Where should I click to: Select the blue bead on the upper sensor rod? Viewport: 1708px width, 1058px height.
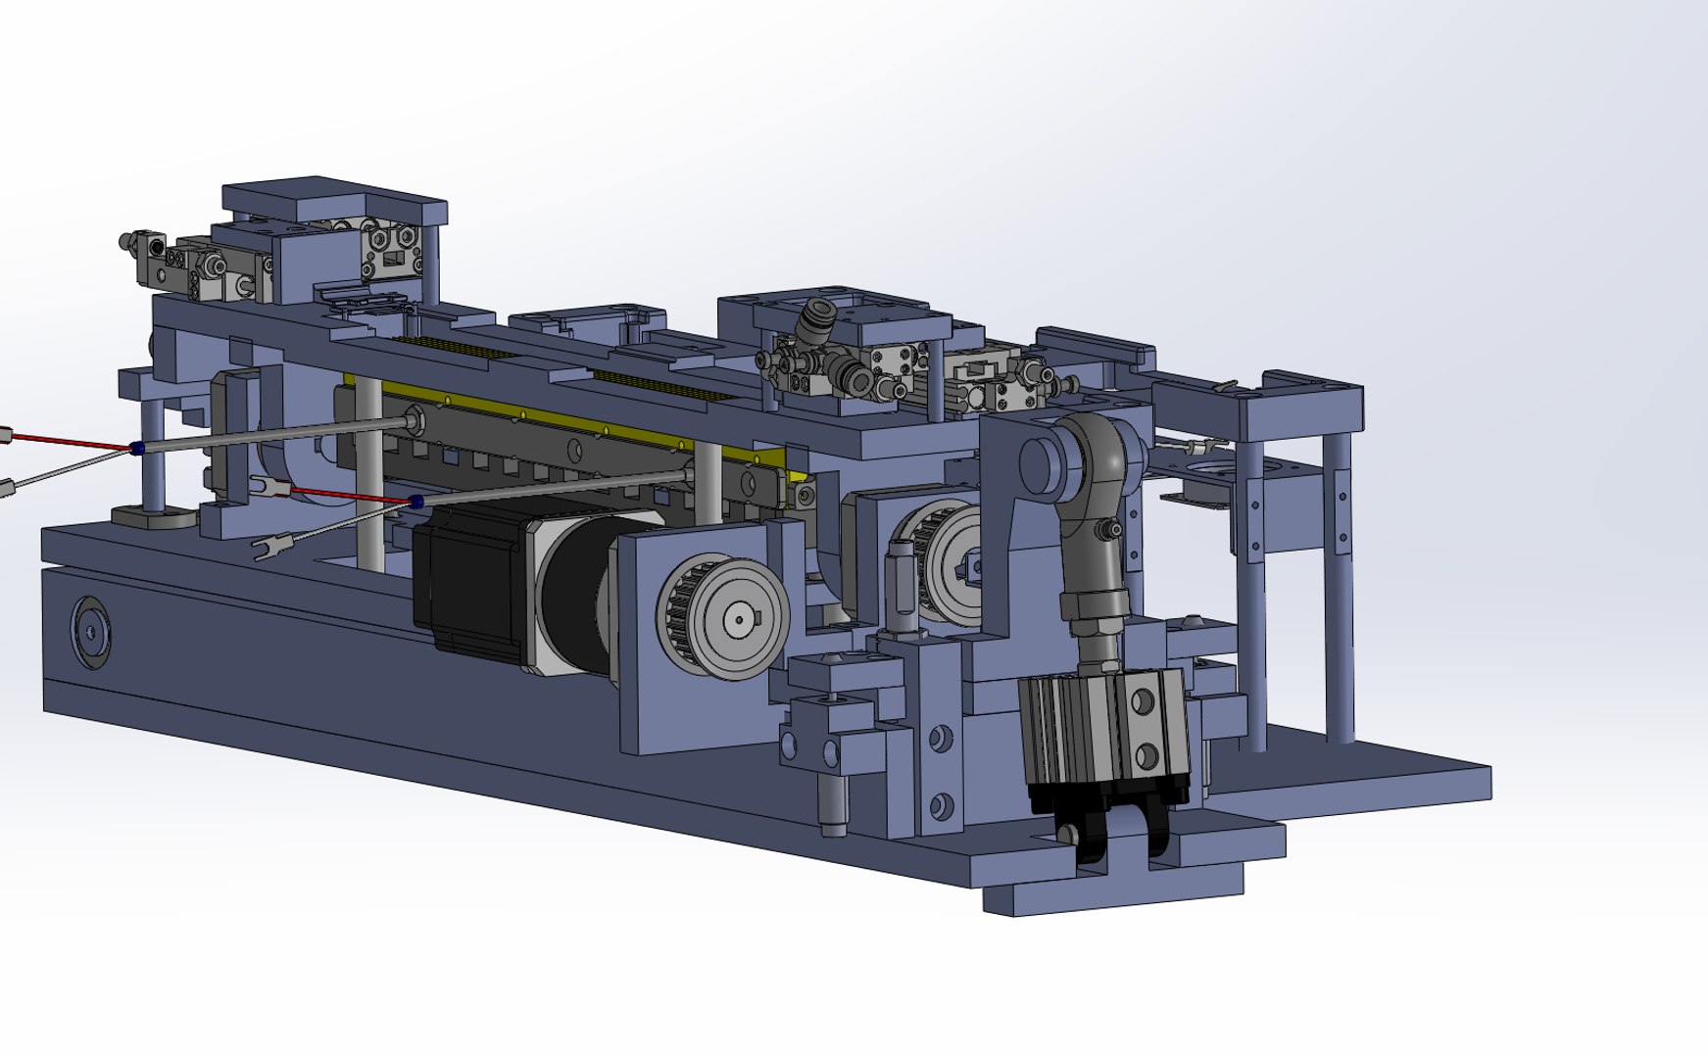click(x=136, y=448)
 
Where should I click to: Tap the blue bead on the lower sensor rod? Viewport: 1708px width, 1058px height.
click(x=416, y=503)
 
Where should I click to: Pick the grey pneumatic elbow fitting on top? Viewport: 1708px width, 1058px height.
click(x=817, y=317)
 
